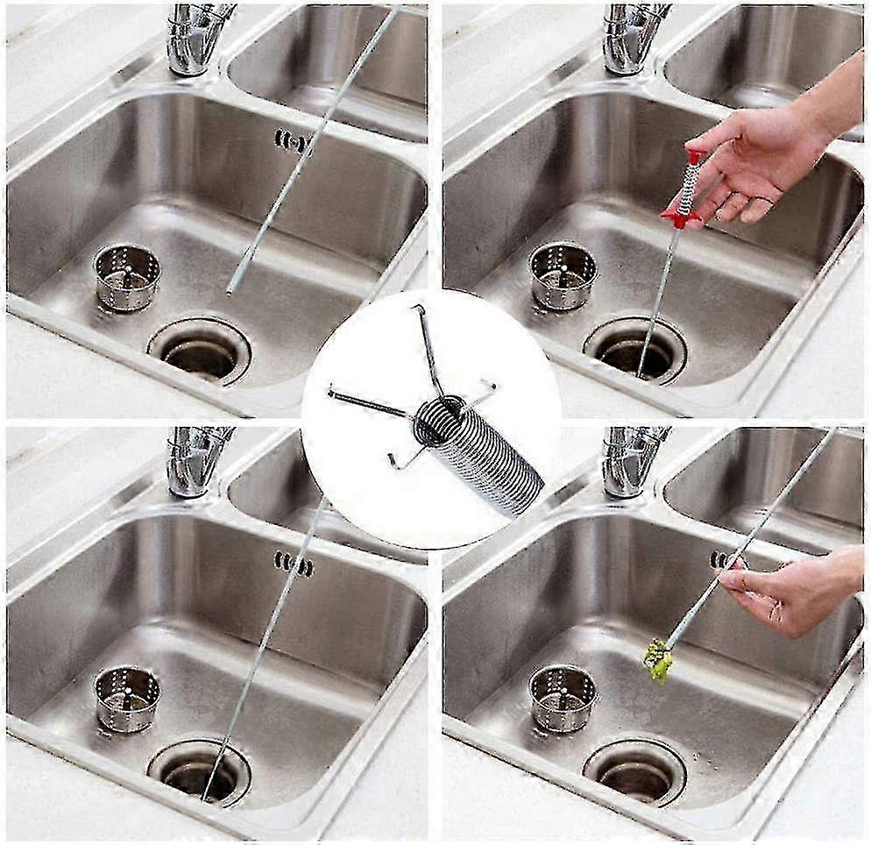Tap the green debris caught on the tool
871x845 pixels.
pos(658,659)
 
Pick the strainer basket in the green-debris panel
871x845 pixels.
pos(563,698)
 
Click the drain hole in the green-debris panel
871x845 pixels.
pos(635,775)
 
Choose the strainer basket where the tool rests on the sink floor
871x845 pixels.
pos(127,277)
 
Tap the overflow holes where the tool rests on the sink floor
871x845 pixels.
pos(293,141)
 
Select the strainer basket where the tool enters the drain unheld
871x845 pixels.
pos(127,698)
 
